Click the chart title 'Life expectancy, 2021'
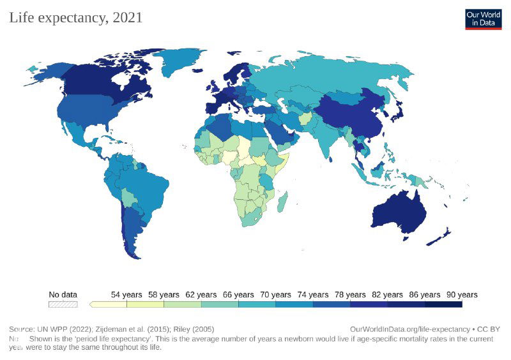pos(75,17)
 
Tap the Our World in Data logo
pos(483,19)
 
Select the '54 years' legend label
pos(126,295)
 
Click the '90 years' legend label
pos(462,295)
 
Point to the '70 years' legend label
pos(275,295)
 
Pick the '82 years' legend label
pos(387,295)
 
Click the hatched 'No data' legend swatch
pos(63,304)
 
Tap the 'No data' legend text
pos(63,295)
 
